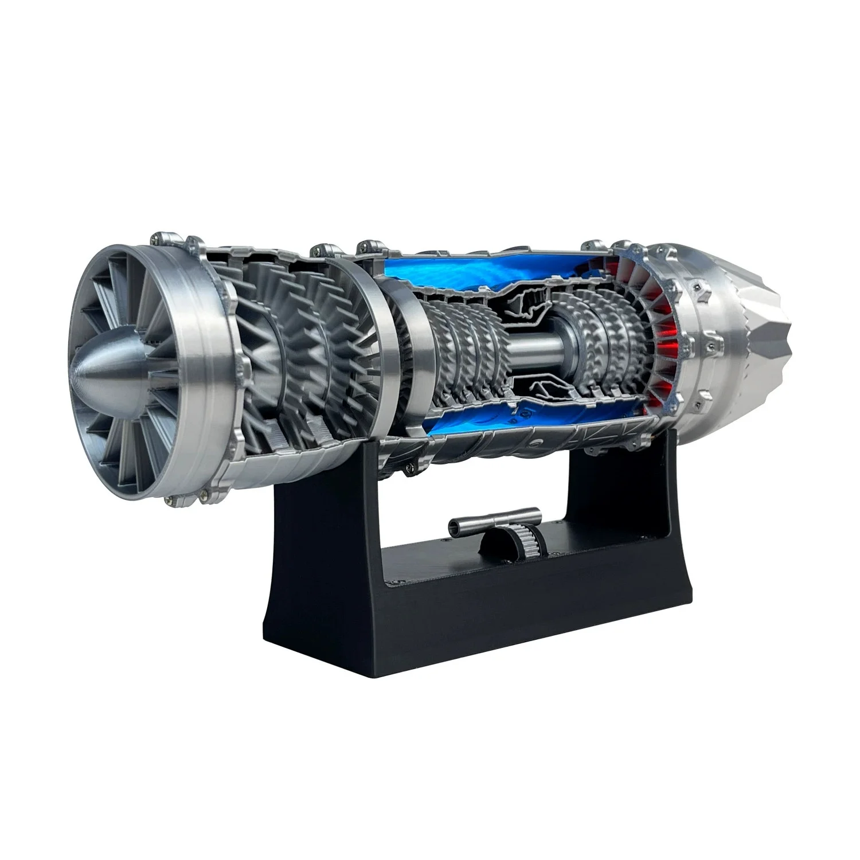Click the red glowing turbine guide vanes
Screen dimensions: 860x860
(659, 321)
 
